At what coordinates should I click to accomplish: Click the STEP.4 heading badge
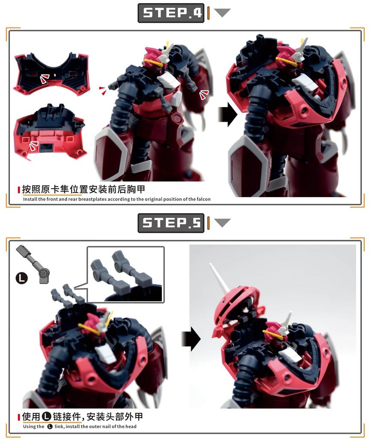click(171, 13)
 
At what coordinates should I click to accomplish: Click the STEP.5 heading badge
click(171, 223)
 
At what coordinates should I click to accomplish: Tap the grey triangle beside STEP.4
click(222, 13)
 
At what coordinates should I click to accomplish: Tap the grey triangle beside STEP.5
click(222, 223)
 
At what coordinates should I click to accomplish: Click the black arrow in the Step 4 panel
click(227, 114)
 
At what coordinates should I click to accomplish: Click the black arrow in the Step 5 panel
click(191, 339)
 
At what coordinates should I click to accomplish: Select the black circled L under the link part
click(21, 278)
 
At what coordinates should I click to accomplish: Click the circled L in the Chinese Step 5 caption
click(46, 417)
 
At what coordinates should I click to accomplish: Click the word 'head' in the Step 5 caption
click(131, 427)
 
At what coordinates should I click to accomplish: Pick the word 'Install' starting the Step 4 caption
click(29, 199)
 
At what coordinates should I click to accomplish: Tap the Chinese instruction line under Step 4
click(86, 189)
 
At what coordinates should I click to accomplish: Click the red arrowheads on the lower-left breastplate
click(32, 147)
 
